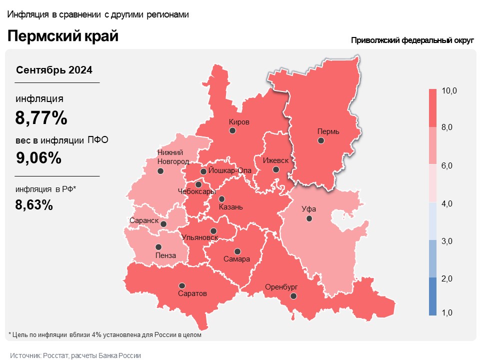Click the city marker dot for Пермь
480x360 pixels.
point(321,141)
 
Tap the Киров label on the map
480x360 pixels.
point(239,122)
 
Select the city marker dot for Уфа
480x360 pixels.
point(309,218)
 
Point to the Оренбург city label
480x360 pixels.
point(281,287)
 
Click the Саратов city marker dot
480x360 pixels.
point(182,285)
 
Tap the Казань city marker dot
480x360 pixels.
point(221,198)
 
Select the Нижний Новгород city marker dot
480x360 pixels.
point(160,171)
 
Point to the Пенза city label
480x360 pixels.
point(165,255)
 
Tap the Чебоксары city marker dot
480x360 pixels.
point(198,184)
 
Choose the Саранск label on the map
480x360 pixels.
point(144,220)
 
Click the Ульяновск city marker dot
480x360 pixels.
point(213,230)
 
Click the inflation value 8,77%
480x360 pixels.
point(41,118)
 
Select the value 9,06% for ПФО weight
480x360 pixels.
point(38,158)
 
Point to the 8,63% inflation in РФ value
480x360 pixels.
point(34,204)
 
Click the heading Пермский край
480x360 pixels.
point(62,36)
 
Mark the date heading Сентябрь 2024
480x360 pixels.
point(54,70)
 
